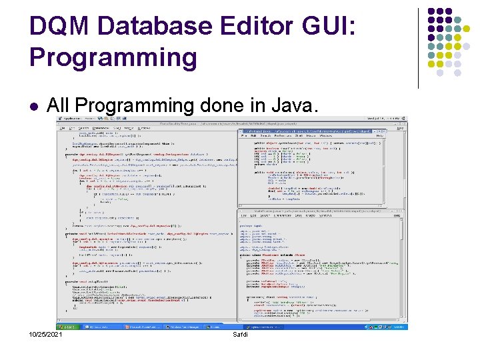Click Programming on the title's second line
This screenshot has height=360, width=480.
113,57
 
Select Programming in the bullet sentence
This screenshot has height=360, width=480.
133,105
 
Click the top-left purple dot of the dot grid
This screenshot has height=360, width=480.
431,12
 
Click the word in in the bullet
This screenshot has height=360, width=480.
245,105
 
